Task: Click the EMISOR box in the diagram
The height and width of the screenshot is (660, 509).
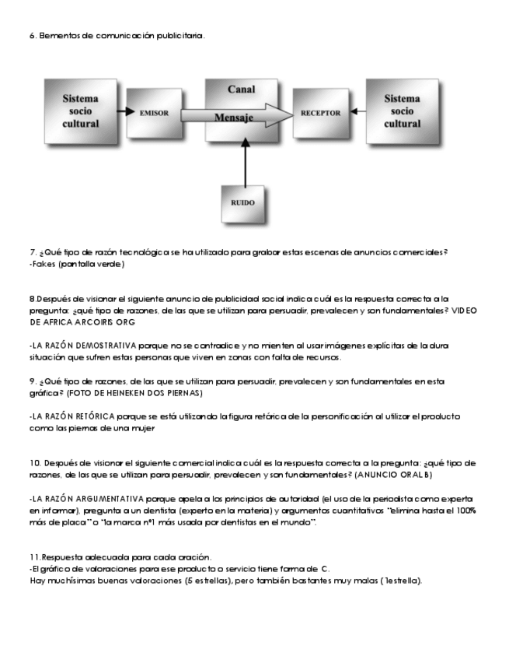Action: [155, 112]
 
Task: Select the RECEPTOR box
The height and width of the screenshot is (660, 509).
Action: [320, 112]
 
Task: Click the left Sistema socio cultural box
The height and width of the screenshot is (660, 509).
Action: [81, 111]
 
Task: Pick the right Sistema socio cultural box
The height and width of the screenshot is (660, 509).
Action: [403, 111]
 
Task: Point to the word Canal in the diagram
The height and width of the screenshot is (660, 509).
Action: [242, 89]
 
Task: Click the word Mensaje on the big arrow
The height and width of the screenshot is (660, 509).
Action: [236, 118]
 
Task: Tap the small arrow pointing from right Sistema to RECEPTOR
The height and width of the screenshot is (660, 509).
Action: [358, 112]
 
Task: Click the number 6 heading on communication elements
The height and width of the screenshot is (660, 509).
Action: [31, 36]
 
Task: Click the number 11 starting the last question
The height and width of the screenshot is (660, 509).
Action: [35, 557]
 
